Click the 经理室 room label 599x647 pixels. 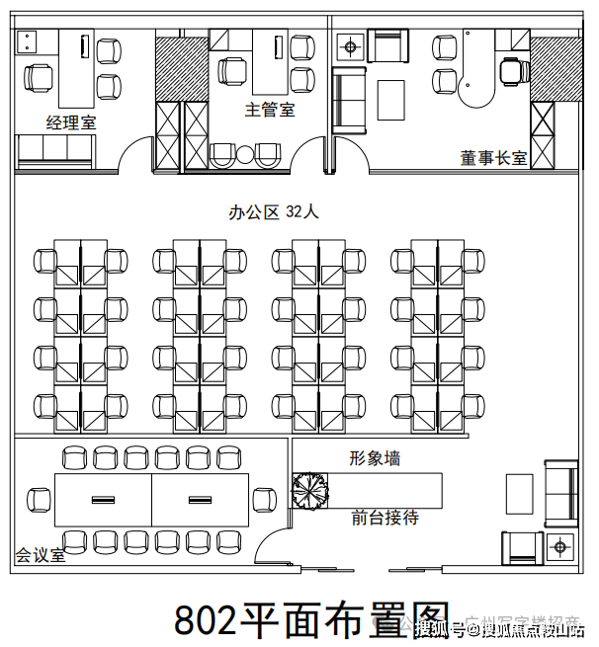tap(70, 121)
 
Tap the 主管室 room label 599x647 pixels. tap(270, 110)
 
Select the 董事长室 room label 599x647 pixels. tap(493, 157)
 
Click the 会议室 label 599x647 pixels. tap(41, 555)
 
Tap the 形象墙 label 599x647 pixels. tap(375, 458)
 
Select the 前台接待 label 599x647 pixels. tap(385, 518)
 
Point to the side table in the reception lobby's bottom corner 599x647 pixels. tap(560, 545)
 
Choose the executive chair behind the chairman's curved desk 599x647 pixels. tap(511, 70)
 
